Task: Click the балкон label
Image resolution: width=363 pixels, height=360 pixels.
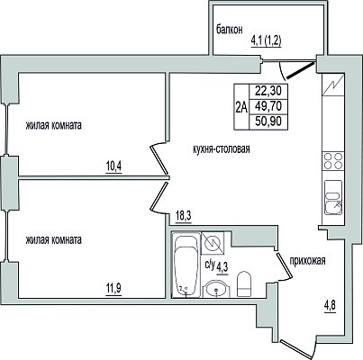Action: point(230,30)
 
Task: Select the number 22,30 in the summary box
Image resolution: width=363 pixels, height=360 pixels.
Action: point(268,90)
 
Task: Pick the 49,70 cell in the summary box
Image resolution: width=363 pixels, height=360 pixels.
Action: point(268,106)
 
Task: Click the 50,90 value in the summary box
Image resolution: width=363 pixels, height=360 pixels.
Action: point(268,121)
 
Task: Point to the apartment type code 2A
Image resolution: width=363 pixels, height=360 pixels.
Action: point(241,107)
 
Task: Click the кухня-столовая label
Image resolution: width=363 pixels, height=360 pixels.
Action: point(222,148)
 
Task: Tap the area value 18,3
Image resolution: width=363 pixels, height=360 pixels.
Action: point(183,215)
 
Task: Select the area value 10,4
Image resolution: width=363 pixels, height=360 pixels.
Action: point(113,166)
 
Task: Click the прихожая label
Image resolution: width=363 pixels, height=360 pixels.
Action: point(307,261)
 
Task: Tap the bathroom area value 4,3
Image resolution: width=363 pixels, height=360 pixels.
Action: point(222,266)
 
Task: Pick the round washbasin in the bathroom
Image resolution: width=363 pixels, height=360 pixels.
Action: point(216,289)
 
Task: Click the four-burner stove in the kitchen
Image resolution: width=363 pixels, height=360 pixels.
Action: point(333,161)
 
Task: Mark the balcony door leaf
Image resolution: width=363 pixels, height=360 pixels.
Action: point(302,70)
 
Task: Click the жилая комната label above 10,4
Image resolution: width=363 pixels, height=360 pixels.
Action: point(54,125)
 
